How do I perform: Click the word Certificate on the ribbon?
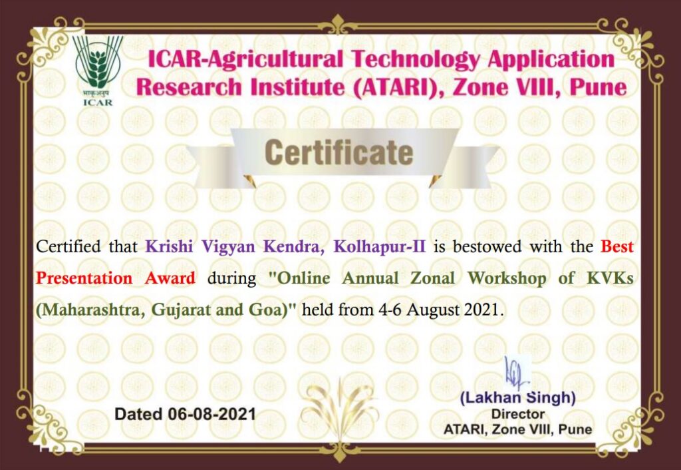[x=339, y=152]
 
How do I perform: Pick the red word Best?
[x=617, y=246]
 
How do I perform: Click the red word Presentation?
[x=84, y=278]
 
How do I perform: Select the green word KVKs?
[x=611, y=278]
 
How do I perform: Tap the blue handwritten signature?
[x=516, y=373]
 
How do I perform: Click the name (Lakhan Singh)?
[x=517, y=397]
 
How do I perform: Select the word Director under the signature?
[x=517, y=414]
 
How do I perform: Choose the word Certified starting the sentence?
[x=68, y=246]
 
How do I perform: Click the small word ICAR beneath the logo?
[x=98, y=103]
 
